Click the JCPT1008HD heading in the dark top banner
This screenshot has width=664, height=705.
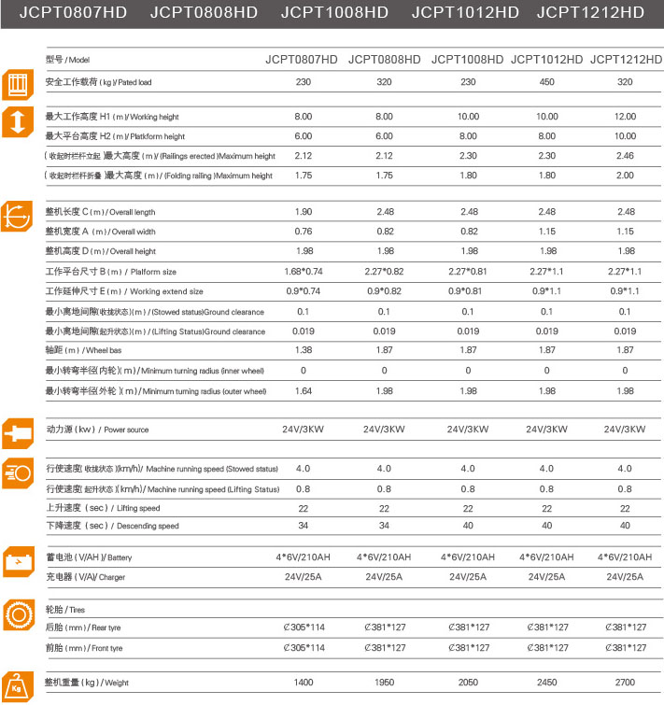pos(334,13)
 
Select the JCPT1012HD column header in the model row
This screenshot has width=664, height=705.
pos(546,60)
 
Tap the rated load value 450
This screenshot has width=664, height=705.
pos(546,82)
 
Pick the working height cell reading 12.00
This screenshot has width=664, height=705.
pos(625,117)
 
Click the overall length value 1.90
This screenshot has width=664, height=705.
pos(303,212)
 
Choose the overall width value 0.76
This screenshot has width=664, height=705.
pos(303,232)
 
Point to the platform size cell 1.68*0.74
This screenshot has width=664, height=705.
pos(303,272)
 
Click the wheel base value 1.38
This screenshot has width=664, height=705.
pos(303,351)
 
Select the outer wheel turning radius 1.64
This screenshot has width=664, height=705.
pos(303,391)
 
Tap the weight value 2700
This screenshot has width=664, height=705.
pos(625,683)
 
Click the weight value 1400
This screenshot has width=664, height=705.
pos(303,683)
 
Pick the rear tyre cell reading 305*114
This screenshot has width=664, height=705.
pos(303,627)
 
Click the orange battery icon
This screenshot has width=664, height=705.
pos(18,564)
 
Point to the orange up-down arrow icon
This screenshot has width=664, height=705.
pos(18,122)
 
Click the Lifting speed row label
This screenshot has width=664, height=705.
pos(103,508)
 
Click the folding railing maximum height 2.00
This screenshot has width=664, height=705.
pos(625,176)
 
